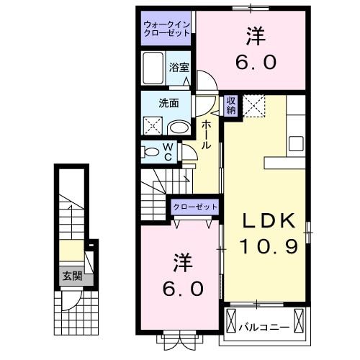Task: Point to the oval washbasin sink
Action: pyautogui.click(x=178, y=128)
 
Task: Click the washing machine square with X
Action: pyautogui.click(x=153, y=126)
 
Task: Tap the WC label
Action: pyautogui.click(x=167, y=152)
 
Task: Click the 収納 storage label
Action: pyautogui.click(x=231, y=106)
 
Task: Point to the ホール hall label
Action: pyautogui.click(x=206, y=135)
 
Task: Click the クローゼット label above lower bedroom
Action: pyautogui.click(x=194, y=207)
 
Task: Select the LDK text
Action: pyautogui.click(x=265, y=220)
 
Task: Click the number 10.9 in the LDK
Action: pyautogui.click(x=265, y=247)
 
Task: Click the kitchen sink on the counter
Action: pyautogui.click(x=296, y=143)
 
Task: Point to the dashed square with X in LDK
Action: pyautogui.click(x=253, y=107)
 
